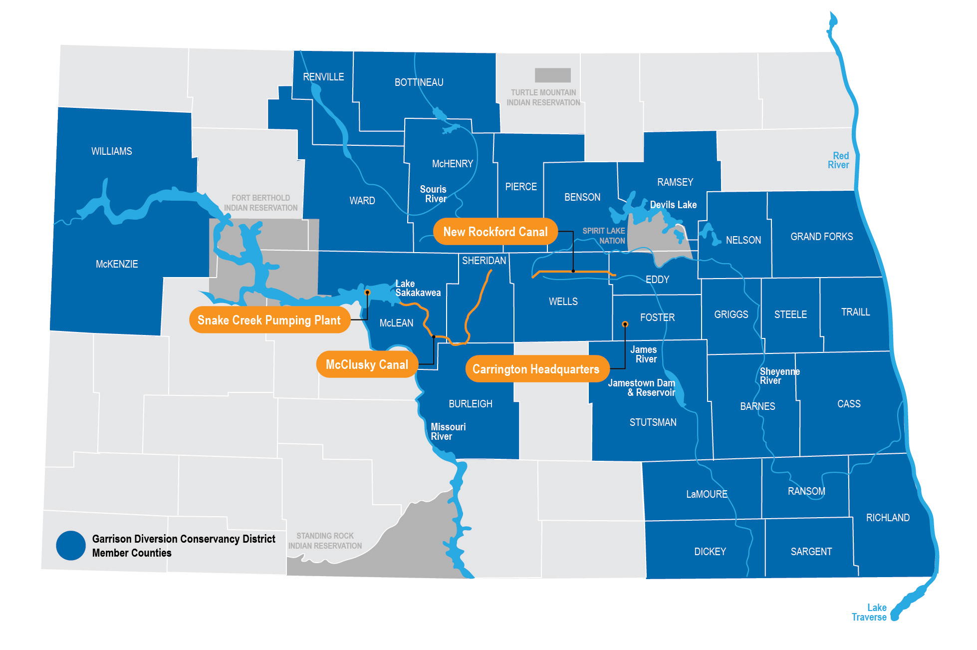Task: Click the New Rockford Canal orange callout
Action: click(x=495, y=232)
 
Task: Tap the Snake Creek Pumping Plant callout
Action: click(x=269, y=320)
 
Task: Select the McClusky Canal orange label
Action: click(x=367, y=365)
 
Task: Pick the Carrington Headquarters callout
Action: click(x=536, y=369)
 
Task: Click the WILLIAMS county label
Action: click(x=112, y=151)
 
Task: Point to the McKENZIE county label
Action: click(x=117, y=264)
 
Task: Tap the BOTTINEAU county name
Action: click(x=419, y=82)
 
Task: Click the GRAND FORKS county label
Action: click(x=821, y=237)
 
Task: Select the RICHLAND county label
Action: click(x=888, y=518)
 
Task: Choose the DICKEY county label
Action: click(x=710, y=552)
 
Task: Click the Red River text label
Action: click(x=839, y=160)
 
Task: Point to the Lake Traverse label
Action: click(x=870, y=613)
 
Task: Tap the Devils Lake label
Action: click(x=673, y=205)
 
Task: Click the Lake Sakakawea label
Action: click(x=418, y=288)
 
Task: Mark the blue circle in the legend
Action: click(x=71, y=545)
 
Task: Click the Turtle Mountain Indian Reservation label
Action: click(x=543, y=97)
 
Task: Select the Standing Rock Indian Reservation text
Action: click(x=325, y=541)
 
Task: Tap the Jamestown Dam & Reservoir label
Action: click(x=642, y=388)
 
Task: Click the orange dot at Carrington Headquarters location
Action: click(x=625, y=324)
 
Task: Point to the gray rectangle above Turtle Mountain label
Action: click(x=552, y=75)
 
